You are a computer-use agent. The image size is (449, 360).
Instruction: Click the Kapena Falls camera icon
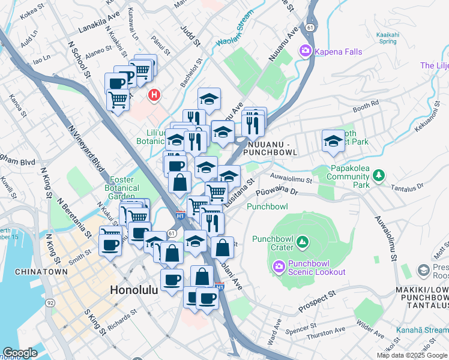(x=306, y=52)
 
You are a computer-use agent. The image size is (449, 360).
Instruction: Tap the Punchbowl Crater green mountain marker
(x=302, y=242)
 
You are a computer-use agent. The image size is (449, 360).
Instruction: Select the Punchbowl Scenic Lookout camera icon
(x=279, y=266)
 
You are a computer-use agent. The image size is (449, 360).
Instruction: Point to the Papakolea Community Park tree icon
(x=378, y=175)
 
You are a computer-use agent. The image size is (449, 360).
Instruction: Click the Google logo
(x=20, y=353)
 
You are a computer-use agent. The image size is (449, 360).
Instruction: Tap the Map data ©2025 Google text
(x=412, y=355)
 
